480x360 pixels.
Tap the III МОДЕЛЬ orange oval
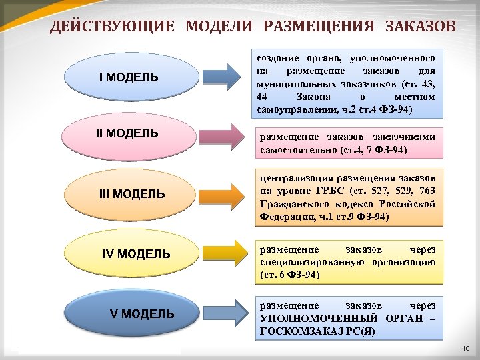131,194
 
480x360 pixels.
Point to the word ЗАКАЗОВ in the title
421,27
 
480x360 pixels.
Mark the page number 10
465,350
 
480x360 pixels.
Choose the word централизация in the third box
297,178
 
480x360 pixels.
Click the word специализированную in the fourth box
307,262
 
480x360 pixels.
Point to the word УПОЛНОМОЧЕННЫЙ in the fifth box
309,317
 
